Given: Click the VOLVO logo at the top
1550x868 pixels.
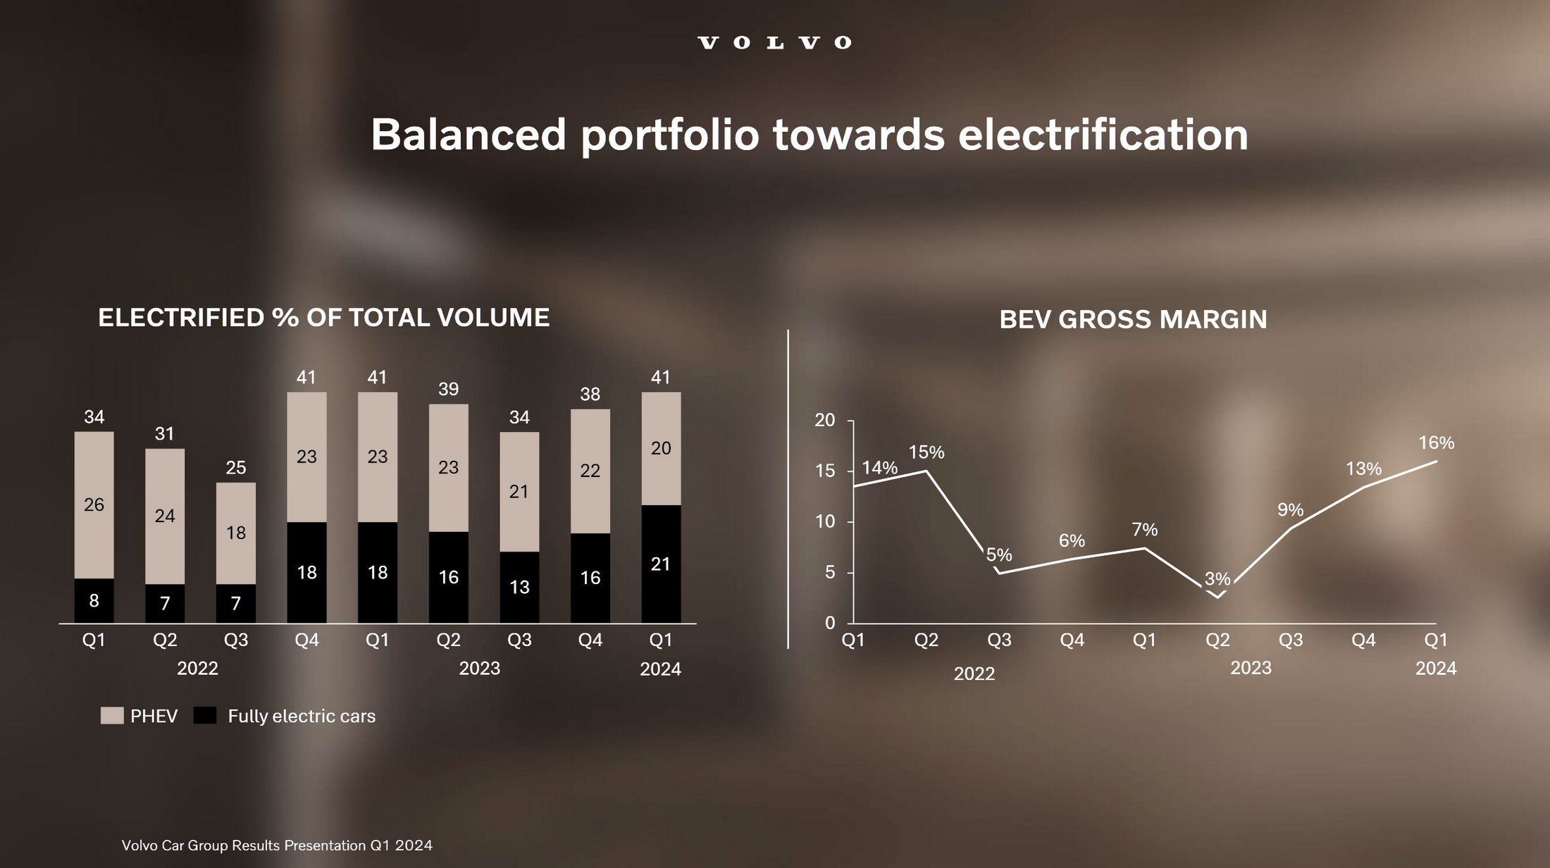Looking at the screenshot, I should [774, 43].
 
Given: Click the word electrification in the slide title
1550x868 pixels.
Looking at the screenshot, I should [1103, 135].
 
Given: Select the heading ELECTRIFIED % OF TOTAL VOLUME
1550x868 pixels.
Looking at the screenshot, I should [323, 318].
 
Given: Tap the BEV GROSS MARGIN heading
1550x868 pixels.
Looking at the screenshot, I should [1133, 320].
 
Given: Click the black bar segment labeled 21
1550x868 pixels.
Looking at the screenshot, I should [661, 564].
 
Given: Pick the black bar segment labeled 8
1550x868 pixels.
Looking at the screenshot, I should [94, 600].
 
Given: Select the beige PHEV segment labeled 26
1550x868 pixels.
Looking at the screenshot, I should [94, 504].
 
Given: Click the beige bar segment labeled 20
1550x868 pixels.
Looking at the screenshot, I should [661, 449].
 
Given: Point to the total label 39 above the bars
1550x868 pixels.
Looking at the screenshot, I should [448, 389].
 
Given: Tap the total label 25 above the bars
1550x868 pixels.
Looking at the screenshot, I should [236, 468].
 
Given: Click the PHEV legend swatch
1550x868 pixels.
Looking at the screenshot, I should [112, 716].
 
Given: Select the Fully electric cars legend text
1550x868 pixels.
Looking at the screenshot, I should [302, 717].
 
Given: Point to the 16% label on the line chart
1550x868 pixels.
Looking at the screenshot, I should [1436, 443].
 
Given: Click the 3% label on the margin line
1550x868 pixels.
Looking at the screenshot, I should [1217, 579].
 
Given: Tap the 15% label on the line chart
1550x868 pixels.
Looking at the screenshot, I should [926, 452].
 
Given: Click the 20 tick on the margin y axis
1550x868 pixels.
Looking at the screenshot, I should [824, 421].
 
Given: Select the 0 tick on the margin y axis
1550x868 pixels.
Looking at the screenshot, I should [830, 623].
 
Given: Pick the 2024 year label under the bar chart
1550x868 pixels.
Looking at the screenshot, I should [660, 669].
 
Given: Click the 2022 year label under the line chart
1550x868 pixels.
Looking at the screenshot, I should [974, 674].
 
